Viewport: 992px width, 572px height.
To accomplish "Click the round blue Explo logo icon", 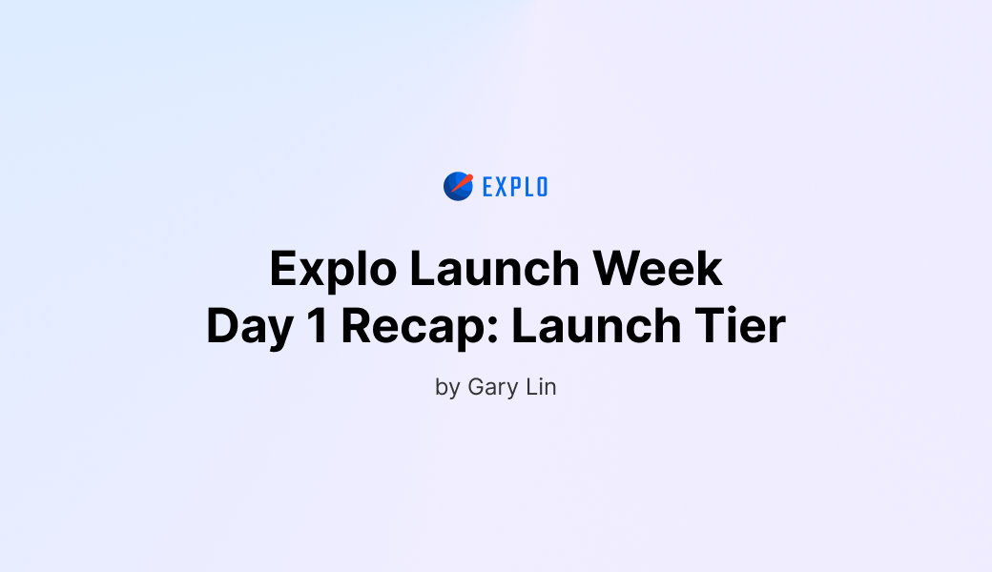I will coord(458,186).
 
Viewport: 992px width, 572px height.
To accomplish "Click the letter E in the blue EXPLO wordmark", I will coord(487,187).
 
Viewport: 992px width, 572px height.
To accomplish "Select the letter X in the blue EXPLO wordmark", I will coord(501,187).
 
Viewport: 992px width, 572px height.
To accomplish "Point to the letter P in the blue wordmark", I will coord(515,187).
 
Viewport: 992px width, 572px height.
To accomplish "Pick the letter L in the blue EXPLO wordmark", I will coord(528,187).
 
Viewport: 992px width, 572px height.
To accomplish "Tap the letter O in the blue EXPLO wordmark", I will coord(542,187).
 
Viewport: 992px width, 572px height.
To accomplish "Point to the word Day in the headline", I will coord(243,327).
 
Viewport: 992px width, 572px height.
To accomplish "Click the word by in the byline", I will coord(447,388).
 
